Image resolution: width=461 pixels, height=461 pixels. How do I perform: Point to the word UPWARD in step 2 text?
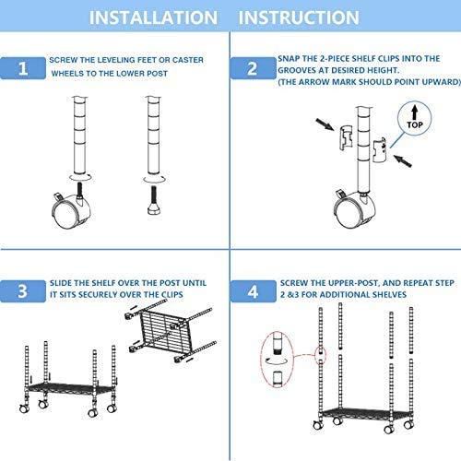(x=434, y=80)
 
